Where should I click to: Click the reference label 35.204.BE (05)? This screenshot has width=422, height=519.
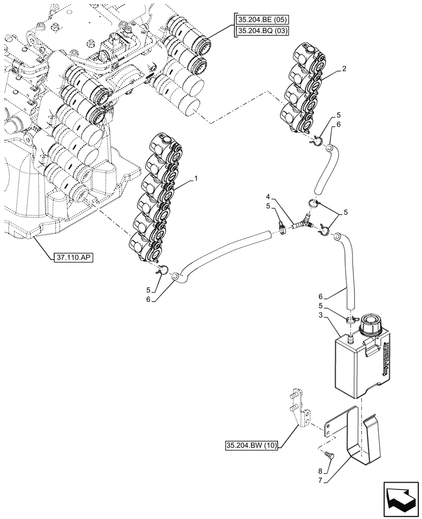[263, 21]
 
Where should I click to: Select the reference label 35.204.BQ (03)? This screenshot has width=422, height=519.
[263, 32]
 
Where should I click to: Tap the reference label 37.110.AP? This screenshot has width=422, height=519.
[72, 257]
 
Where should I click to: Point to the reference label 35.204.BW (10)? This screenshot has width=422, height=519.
[252, 445]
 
